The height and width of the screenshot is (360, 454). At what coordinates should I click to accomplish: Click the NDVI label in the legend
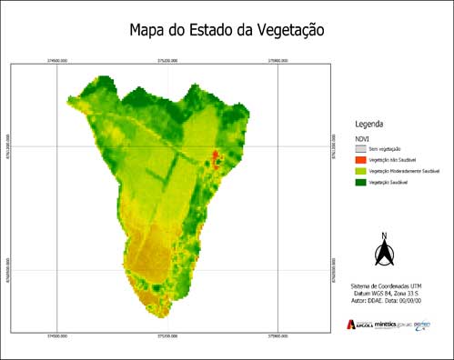pos(362,136)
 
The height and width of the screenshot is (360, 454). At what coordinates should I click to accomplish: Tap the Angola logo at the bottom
pos(358,324)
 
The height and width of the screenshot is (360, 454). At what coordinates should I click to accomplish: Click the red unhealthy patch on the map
pos(216,158)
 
